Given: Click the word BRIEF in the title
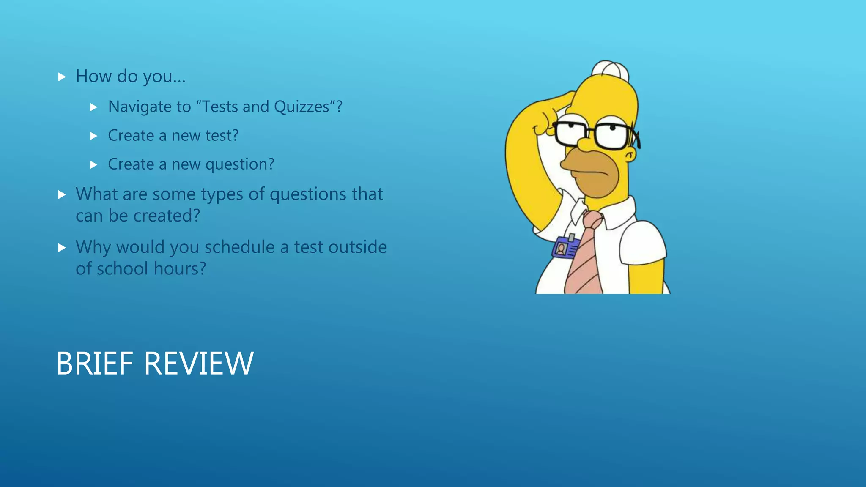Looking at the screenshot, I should pyautogui.click(x=95, y=363).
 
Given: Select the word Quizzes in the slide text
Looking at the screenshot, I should pyautogui.click(x=301, y=107).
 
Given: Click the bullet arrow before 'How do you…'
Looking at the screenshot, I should pyautogui.click(x=62, y=77).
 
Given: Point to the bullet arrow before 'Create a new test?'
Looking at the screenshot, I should pyautogui.click(x=94, y=136).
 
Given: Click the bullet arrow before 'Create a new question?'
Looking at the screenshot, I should pyautogui.click(x=94, y=165).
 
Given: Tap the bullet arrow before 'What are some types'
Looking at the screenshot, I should pyautogui.click(x=62, y=194).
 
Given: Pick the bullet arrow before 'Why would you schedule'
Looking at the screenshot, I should pyautogui.click(x=62, y=248).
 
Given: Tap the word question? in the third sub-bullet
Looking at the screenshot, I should pyautogui.click(x=240, y=164).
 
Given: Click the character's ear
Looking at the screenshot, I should pyautogui.click(x=630, y=155).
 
